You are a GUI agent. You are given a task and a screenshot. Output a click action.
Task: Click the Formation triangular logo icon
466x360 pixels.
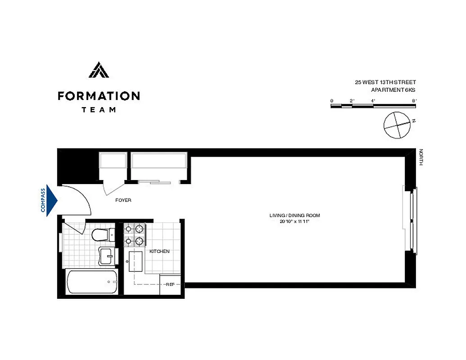point(98,70)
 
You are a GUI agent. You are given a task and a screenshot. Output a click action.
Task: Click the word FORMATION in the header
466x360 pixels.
point(99,96)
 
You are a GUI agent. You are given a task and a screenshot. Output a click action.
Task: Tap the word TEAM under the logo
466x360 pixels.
point(99,109)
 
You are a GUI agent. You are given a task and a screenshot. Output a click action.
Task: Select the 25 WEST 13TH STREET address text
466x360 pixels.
point(385,82)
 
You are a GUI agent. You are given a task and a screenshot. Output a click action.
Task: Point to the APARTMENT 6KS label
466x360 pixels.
point(393,90)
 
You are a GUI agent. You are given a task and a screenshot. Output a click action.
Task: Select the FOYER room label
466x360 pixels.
point(123,200)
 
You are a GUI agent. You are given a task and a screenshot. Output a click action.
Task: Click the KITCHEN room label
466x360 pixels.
point(159,251)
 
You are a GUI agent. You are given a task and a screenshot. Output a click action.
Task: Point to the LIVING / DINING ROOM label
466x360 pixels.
point(294,216)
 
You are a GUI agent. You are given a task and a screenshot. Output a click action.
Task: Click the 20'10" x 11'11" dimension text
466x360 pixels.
point(294,221)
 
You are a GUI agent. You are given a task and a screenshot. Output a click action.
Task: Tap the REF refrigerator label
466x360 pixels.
point(170,284)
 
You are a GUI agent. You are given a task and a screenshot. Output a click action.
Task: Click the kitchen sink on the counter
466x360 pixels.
point(136,261)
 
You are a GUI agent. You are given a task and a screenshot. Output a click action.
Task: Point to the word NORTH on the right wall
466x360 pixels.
point(421,157)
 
